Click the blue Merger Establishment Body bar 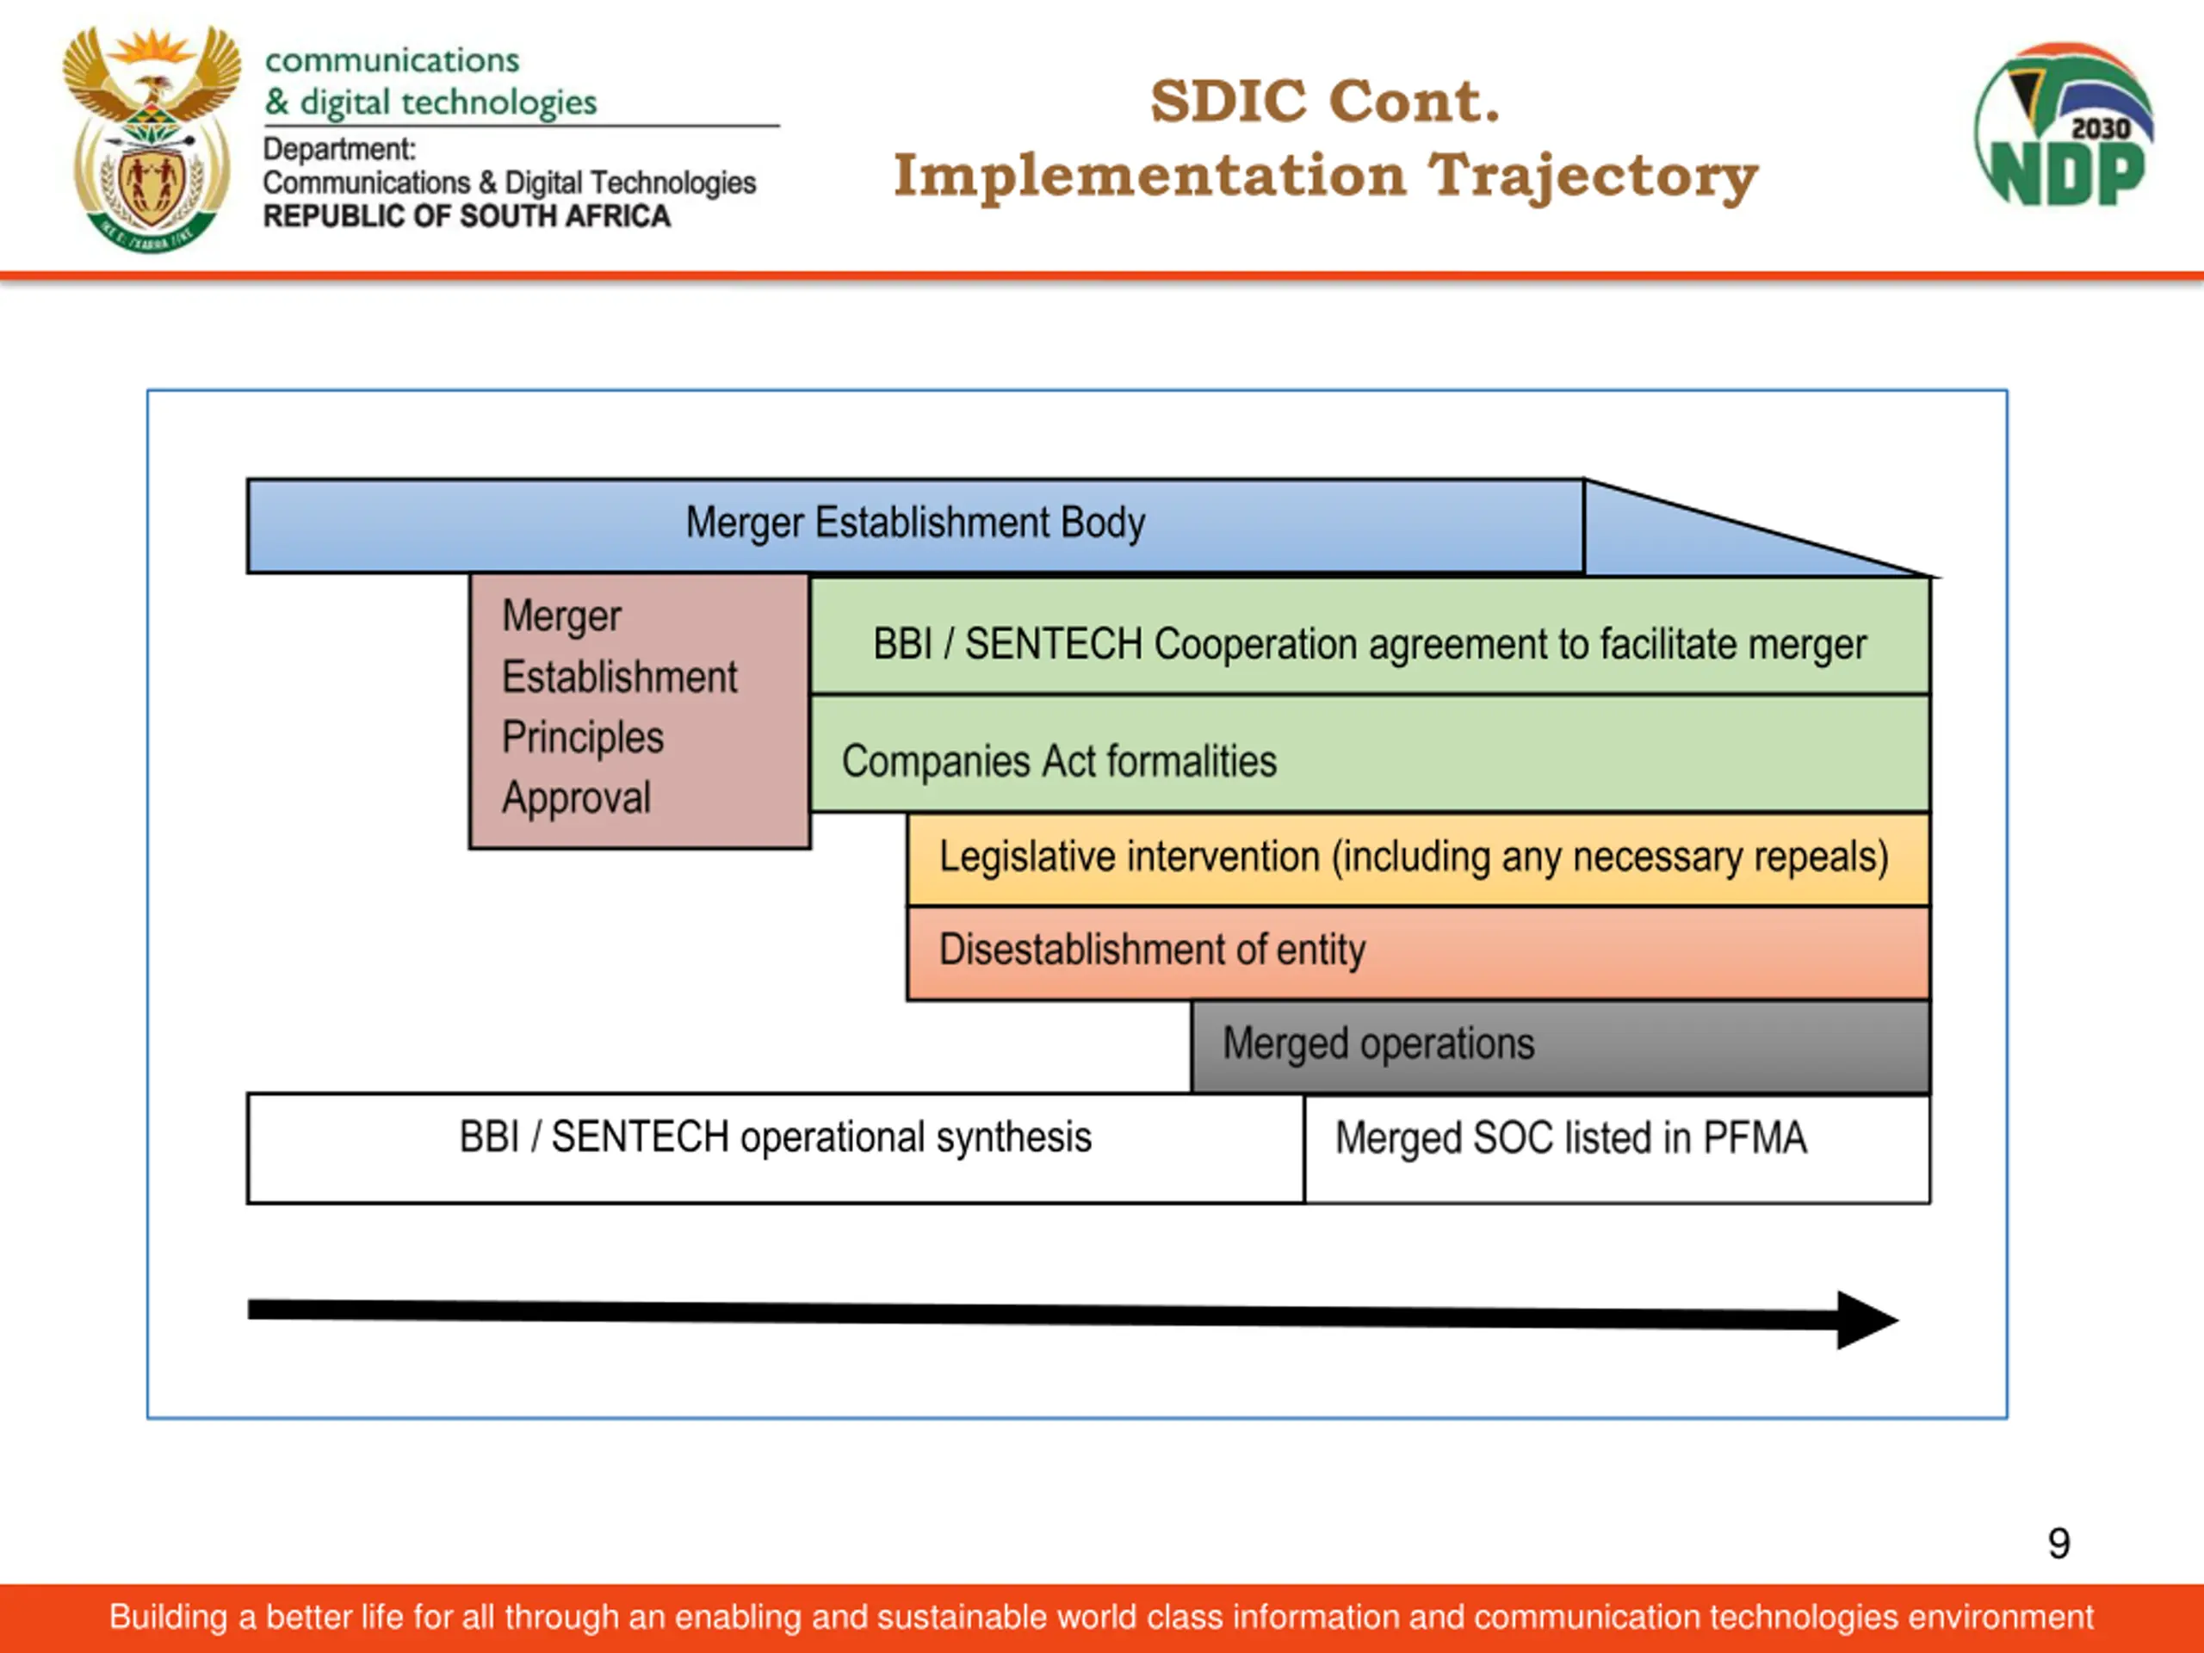[914, 526]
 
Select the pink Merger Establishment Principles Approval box [640, 711]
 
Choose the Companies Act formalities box [1370, 754]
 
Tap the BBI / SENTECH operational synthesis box [775, 1148]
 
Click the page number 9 [2059, 1544]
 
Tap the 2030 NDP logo [2064, 124]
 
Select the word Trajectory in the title [1594, 177]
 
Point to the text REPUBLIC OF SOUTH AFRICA [467, 216]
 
